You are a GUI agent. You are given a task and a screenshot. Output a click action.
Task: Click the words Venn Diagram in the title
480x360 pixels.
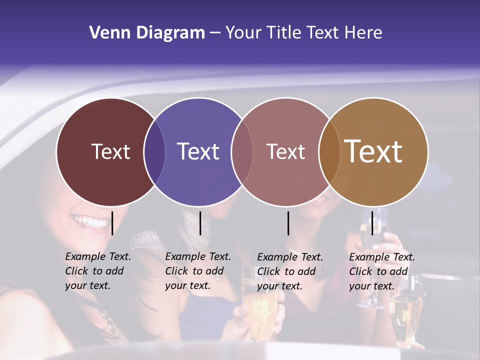coord(147,33)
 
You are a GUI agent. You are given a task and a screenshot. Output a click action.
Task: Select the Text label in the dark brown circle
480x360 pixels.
coord(110,151)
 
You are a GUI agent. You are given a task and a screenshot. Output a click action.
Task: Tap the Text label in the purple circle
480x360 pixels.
coord(198,151)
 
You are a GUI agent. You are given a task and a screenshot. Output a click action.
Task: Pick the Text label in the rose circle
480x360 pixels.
coord(285,151)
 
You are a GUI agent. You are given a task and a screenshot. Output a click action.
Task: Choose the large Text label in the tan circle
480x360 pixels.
coord(373,151)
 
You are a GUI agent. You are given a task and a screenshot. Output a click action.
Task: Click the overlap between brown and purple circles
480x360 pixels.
coord(154,151)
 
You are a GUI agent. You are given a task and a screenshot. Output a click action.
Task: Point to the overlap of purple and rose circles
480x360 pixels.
coord(242,151)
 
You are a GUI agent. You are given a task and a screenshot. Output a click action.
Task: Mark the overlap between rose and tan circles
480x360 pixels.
coord(329,151)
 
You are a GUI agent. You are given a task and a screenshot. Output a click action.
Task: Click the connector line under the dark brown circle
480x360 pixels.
coord(112,223)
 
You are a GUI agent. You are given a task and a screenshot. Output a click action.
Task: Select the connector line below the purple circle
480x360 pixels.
coord(200,223)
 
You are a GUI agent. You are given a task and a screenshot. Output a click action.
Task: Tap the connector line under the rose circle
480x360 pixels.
coord(288,223)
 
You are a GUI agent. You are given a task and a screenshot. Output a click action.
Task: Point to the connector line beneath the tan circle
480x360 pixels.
coord(372,223)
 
